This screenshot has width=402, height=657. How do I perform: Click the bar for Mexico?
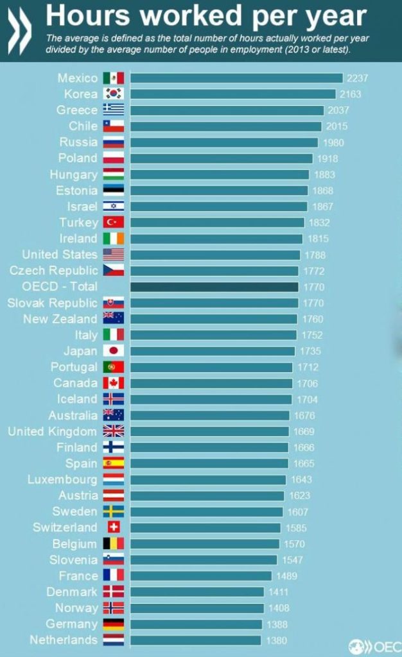236,78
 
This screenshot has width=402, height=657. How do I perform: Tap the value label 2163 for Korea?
351,94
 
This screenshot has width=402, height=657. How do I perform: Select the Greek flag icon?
114,110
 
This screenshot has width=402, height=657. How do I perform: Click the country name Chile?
83,126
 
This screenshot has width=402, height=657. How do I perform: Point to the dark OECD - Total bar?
214,287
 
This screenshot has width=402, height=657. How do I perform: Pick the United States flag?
114,255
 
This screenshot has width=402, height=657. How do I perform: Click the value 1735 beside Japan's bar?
309,351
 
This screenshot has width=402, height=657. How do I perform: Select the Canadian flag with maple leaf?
114,383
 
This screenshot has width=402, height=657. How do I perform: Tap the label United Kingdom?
53,431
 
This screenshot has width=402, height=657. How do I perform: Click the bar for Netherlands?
196,640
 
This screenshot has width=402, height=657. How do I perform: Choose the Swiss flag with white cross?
114,527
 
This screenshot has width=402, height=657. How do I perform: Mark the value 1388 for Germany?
276,624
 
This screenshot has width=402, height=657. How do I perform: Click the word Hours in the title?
90,16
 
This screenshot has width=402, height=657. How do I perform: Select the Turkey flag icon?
114,223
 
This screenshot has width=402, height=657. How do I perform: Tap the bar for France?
201,576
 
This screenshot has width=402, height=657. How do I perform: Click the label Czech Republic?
54,271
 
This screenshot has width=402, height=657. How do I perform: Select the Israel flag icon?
114,207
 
